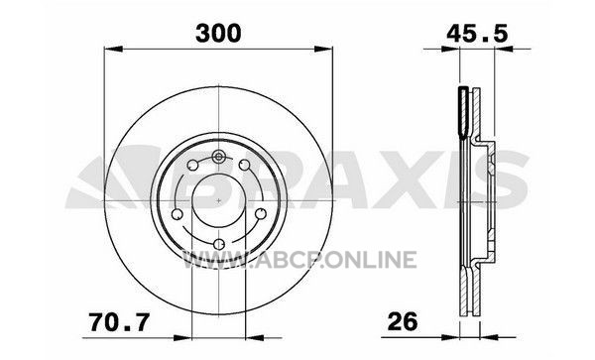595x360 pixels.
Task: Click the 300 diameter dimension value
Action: click(x=218, y=33)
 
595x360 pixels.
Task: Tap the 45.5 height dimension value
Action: click(x=477, y=34)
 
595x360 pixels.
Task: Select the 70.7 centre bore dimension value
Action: click(x=119, y=322)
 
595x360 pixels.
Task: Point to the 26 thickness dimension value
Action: click(x=403, y=322)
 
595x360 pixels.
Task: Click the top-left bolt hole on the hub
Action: click(x=193, y=166)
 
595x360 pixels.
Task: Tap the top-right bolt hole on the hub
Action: click(x=244, y=165)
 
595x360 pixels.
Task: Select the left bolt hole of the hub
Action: click(x=178, y=214)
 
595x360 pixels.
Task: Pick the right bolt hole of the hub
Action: click(x=261, y=214)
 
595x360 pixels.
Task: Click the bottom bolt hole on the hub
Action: click(x=219, y=244)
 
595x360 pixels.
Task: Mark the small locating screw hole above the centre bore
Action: click(x=218, y=156)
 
